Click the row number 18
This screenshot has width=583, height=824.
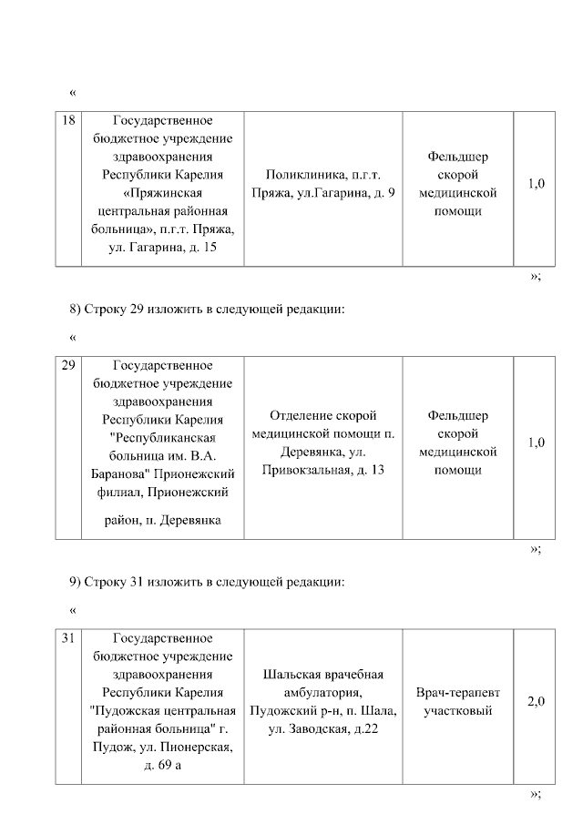[68, 120]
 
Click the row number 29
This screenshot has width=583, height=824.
[68, 365]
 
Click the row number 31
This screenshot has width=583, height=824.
[68, 638]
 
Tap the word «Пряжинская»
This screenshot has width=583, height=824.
[163, 193]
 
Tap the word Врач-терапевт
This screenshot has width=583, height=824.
[458, 693]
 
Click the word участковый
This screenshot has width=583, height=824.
[458, 710]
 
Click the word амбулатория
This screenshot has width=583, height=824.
[322, 693]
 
